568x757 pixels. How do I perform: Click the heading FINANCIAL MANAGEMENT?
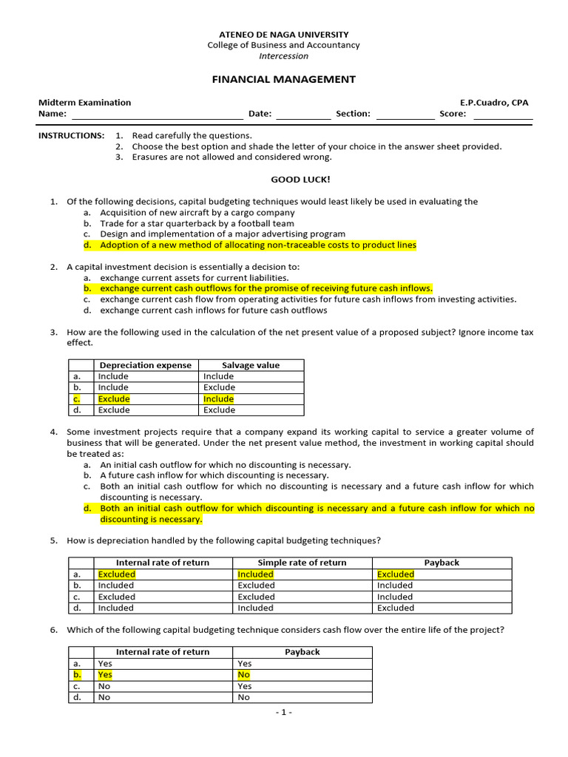point(284,79)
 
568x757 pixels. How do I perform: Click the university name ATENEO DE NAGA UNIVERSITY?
point(284,35)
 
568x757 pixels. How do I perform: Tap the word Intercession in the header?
point(284,56)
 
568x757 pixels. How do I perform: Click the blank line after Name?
point(157,115)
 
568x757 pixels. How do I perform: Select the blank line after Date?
point(304,115)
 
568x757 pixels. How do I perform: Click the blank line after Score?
point(503,115)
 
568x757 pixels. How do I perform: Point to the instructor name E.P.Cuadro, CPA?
point(494,103)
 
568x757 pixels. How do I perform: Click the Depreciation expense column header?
point(146,365)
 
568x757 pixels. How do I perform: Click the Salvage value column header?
point(251,365)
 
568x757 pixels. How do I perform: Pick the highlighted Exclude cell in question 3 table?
point(114,399)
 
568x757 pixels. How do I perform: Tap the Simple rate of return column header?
point(302,563)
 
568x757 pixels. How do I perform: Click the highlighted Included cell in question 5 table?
point(255,574)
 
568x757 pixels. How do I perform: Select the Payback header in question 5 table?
point(442,563)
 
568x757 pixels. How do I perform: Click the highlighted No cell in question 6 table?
point(244,675)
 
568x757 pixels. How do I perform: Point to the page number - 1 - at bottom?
point(284,713)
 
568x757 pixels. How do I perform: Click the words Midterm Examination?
point(84,103)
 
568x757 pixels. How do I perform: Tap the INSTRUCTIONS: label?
point(71,136)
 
